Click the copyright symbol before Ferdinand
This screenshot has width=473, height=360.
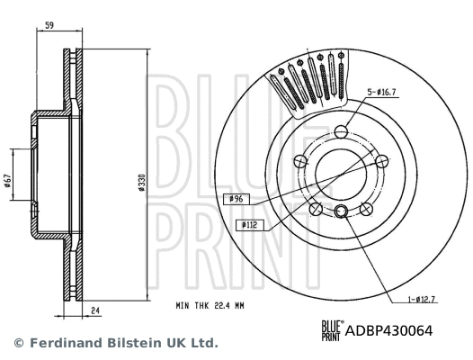tap(19, 343)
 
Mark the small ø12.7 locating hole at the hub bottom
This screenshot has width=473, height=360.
tap(342, 212)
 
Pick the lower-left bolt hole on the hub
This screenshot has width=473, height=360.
tap(316, 209)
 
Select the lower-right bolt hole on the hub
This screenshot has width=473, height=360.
tap(367, 209)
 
